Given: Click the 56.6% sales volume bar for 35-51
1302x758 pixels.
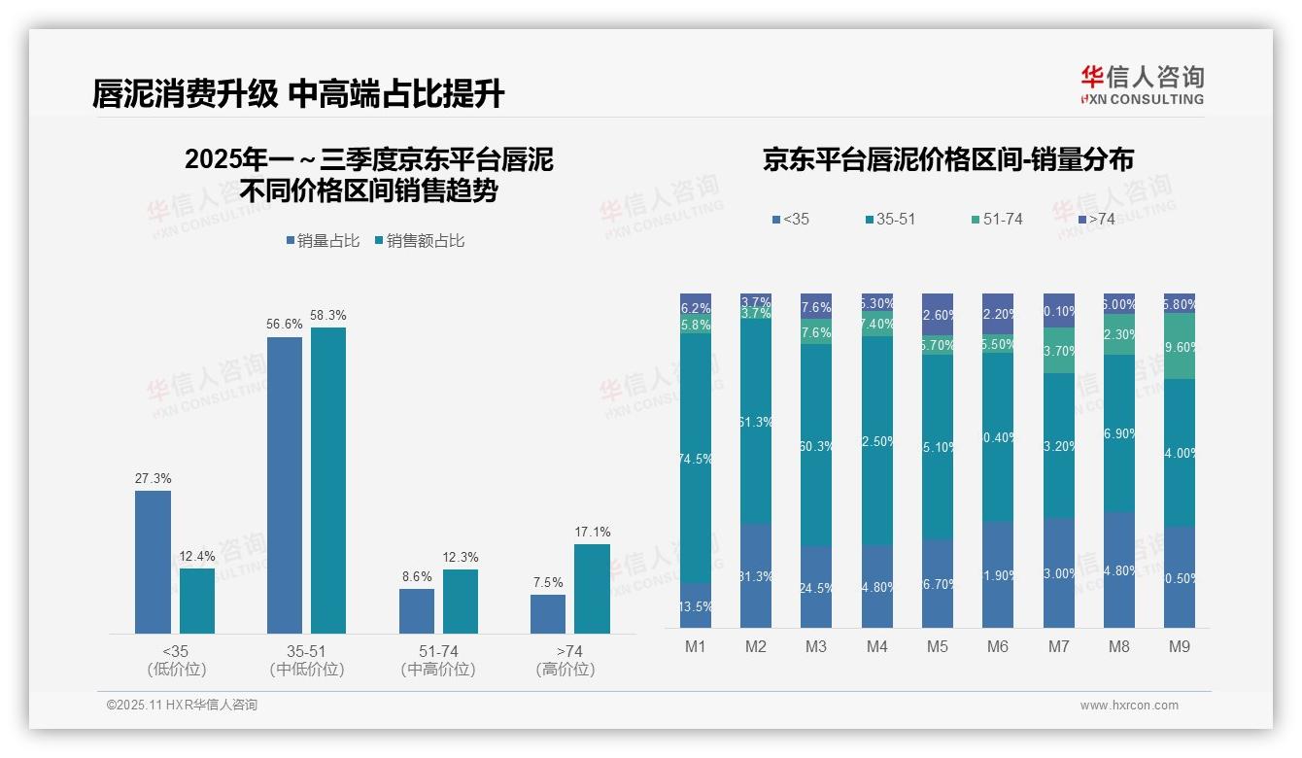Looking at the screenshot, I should (x=285, y=485).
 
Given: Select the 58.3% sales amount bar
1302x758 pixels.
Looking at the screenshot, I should (x=328, y=480).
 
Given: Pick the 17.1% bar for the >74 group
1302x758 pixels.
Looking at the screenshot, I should (x=592, y=589).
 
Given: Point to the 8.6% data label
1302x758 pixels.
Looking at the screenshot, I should (x=416, y=576).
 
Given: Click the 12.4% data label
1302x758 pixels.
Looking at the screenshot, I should (x=196, y=557).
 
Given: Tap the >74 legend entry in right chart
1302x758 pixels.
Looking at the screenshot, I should (x=1095, y=220).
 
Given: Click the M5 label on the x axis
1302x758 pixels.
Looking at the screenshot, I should (x=938, y=646).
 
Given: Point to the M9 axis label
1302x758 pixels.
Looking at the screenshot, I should (x=1180, y=646).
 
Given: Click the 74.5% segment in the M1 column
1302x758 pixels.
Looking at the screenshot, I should (x=696, y=459).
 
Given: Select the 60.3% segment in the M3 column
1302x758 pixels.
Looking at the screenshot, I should (x=816, y=445).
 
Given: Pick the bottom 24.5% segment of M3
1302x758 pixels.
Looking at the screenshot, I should (x=816, y=587).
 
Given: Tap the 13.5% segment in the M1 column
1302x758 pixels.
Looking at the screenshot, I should (x=696, y=605).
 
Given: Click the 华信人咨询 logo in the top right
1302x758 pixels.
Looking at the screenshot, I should (x=1142, y=85).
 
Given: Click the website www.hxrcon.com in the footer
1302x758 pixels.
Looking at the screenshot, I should (x=1129, y=706).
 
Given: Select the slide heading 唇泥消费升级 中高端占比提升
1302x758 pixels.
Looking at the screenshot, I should (x=298, y=94).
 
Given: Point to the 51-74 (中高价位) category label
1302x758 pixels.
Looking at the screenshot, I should (x=437, y=660).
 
